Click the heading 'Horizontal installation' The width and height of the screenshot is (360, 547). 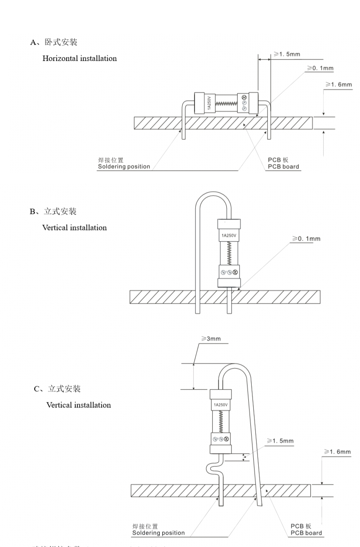click(x=79, y=58)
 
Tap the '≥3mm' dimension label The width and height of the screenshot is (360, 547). click(x=211, y=339)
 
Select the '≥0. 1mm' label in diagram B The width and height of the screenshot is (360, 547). click(x=306, y=239)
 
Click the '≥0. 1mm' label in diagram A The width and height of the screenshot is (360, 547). click(x=320, y=68)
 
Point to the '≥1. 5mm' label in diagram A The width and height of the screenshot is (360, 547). click(x=287, y=54)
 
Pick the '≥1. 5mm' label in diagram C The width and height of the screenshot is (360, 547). click(x=280, y=441)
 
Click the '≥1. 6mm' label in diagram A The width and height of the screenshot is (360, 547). click(x=338, y=85)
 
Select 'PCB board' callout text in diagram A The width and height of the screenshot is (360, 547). click(x=283, y=167)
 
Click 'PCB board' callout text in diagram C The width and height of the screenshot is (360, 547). click(x=306, y=533)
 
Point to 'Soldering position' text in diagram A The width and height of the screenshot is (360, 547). click(x=124, y=167)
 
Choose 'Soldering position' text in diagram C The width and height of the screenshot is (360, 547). click(x=158, y=533)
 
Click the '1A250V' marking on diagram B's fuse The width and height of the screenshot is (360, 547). click(x=229, y=236)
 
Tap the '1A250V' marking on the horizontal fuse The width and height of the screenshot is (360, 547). click(x=209, y=103)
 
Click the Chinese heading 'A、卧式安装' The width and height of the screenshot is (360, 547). click(x=54, y=42)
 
